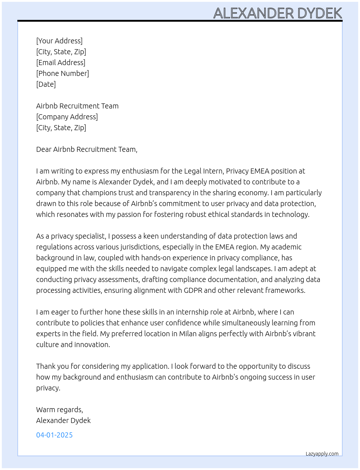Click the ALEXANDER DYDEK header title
[x=278, y=13]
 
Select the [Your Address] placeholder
[x=59, y=41]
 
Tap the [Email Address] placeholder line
[x=61, y=63]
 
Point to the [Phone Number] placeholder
[x=63, y=73]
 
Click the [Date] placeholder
[x=46, y=84]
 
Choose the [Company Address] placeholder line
[x=67, y=117]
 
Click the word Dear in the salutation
[x=44, y=149]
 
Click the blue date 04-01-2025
[x=54, y=435]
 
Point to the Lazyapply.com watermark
[x=322, y=454]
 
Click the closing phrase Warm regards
[x=59, y=410]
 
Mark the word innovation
[x=92, y=345]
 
